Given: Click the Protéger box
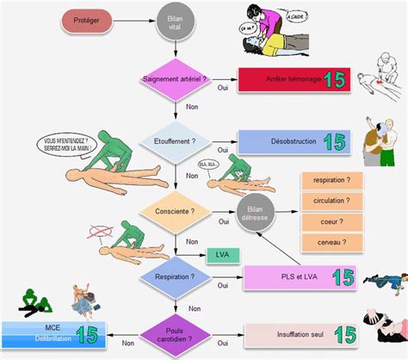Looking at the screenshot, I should (92, 18).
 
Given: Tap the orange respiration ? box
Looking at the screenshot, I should (331, 181).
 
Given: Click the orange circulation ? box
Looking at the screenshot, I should (331, 202).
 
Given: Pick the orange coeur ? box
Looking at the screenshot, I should (331, 222).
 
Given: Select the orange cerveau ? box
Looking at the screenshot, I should (331, 243).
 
